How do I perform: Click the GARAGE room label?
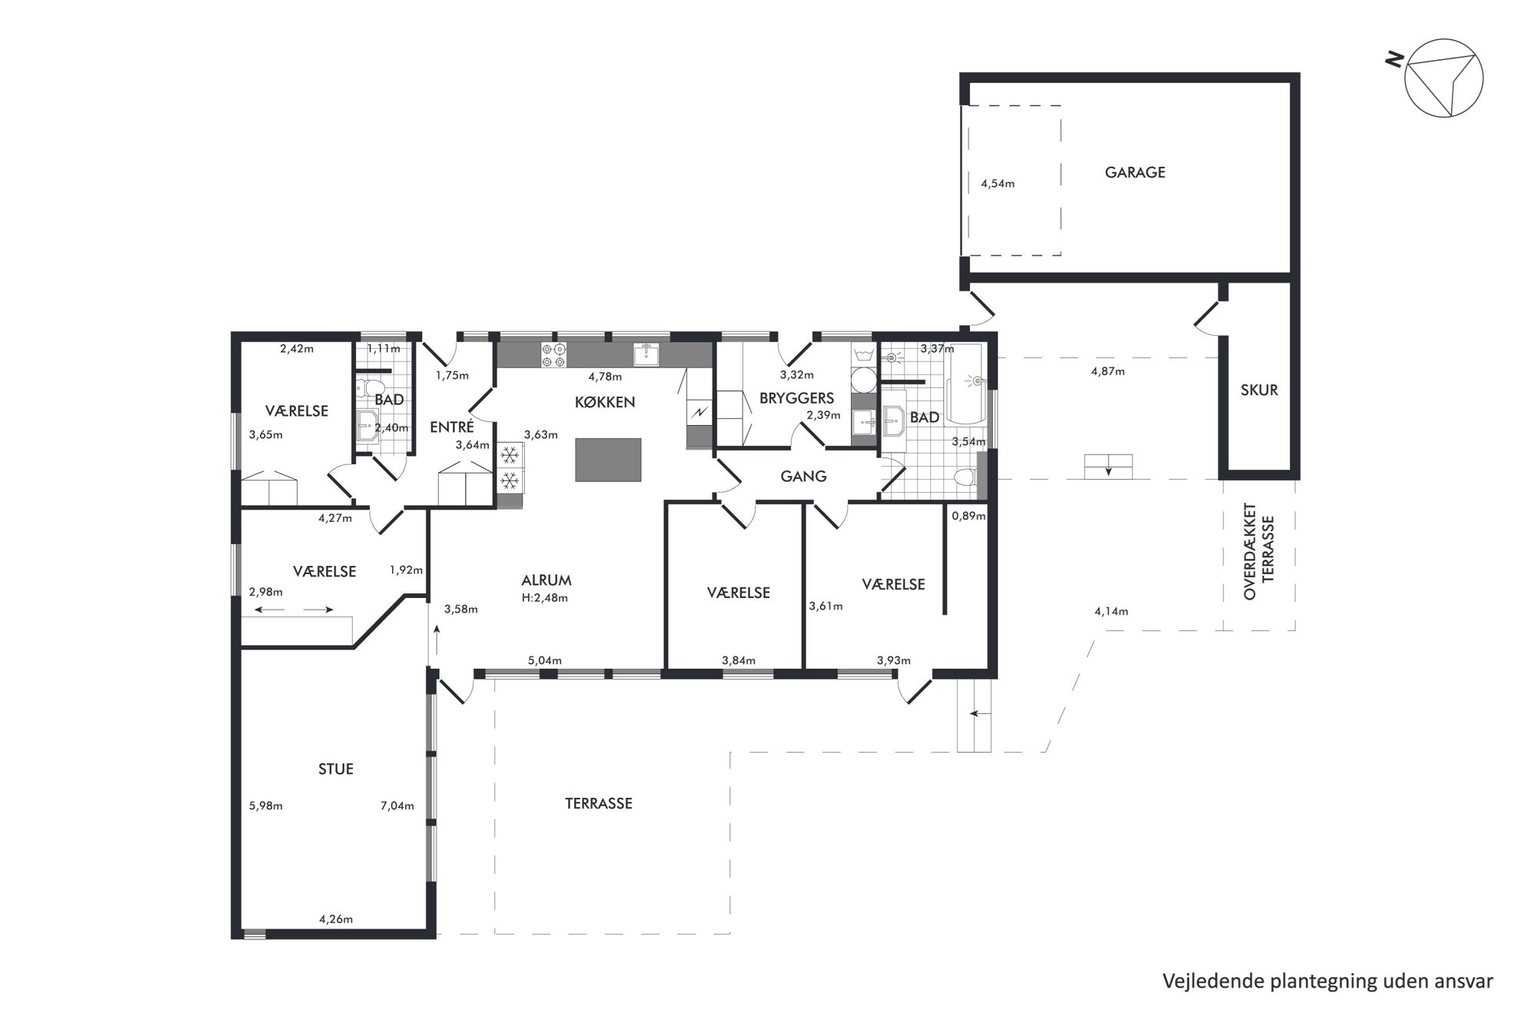1135,172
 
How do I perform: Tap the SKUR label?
1259,390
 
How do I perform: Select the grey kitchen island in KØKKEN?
608,460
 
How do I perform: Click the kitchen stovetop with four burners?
554,354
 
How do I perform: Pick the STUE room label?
336,769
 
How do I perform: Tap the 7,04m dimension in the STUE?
397,806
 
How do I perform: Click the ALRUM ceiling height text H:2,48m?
545,598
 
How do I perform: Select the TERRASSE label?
599,803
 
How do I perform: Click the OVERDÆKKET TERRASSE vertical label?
1259,551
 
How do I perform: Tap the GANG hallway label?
803,477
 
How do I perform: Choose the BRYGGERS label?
796,398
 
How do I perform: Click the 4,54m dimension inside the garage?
998,184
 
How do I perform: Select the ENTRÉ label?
451,427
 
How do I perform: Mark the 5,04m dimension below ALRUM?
544,660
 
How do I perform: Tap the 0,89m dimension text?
968,516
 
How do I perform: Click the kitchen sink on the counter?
646,354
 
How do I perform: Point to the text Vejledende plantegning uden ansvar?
1327,982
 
